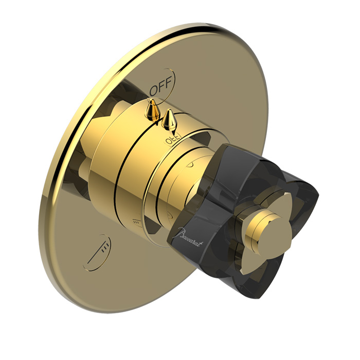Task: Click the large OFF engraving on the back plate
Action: click(x=160, y=86)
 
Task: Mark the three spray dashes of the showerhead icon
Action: click(x=105, y=248)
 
